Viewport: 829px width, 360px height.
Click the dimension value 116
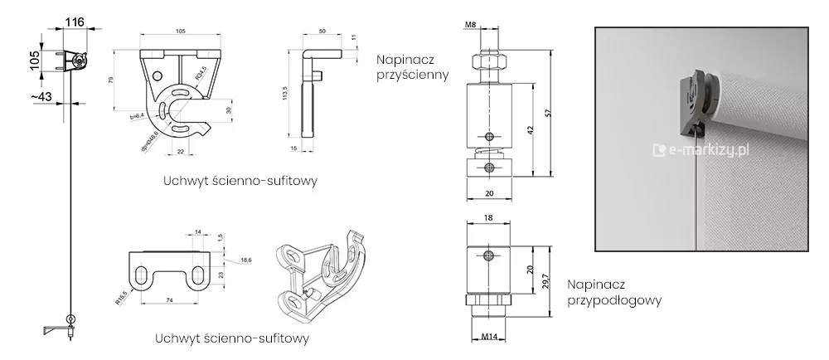coord(74,22)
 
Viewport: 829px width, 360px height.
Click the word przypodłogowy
coord(614,301)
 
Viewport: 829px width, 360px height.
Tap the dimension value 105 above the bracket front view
coord(180,31)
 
